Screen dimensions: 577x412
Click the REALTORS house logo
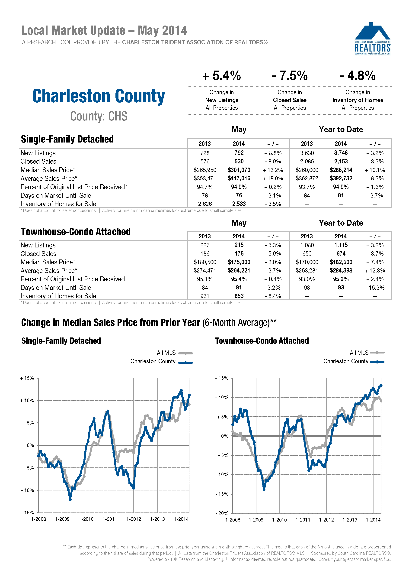[x=372, y=39]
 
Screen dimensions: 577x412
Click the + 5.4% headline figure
[x=221, y=75]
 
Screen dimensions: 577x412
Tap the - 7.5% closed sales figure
[x=289, y=75]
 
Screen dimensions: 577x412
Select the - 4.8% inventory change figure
[x=358, y=75]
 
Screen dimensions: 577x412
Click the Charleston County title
[x=99, y=96]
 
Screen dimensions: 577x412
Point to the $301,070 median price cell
[x=239, y=170]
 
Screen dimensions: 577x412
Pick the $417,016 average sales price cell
[x=239, y=178]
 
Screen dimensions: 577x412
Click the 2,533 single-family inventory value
[x=239, y=204]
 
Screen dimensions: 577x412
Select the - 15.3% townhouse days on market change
[x=375, y=288]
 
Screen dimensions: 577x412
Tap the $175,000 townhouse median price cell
[x=239, y=262]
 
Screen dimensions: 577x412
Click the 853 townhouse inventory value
[x=239, y=296]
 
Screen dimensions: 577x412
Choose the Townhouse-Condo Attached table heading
[x=76, y=232]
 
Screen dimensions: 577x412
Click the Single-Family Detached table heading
[x=67, y=139]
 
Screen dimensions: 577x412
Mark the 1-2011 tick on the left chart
[x=110, y=519]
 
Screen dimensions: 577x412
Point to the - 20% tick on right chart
[x=222, y=513]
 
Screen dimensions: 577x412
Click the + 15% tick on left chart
[x=27, y=378]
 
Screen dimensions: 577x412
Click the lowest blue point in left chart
[x=70, y=499]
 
